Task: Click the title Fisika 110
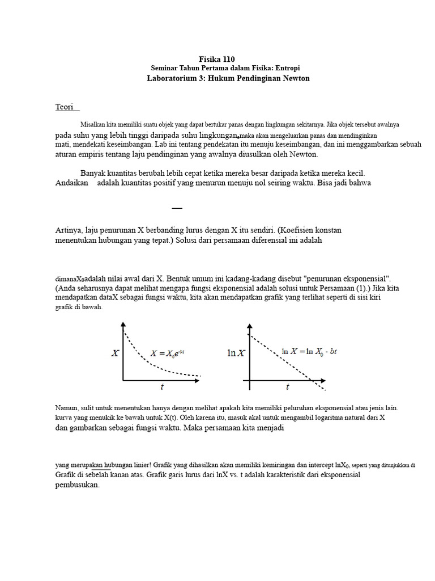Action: [x=217, y=59]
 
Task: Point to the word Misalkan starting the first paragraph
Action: [x=93, y=124]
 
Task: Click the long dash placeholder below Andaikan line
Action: [x=177, y=208]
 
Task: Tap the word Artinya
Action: [x=69, y=230]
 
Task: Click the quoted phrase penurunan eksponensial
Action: [x=347, y=279]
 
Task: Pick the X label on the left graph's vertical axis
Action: [x=115, y=353]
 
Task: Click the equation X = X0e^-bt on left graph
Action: [x=167, y=353]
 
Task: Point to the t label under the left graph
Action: [x=162, y=387]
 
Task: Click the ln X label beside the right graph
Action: [x=236, y=353]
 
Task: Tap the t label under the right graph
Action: [x=288, y=387]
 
